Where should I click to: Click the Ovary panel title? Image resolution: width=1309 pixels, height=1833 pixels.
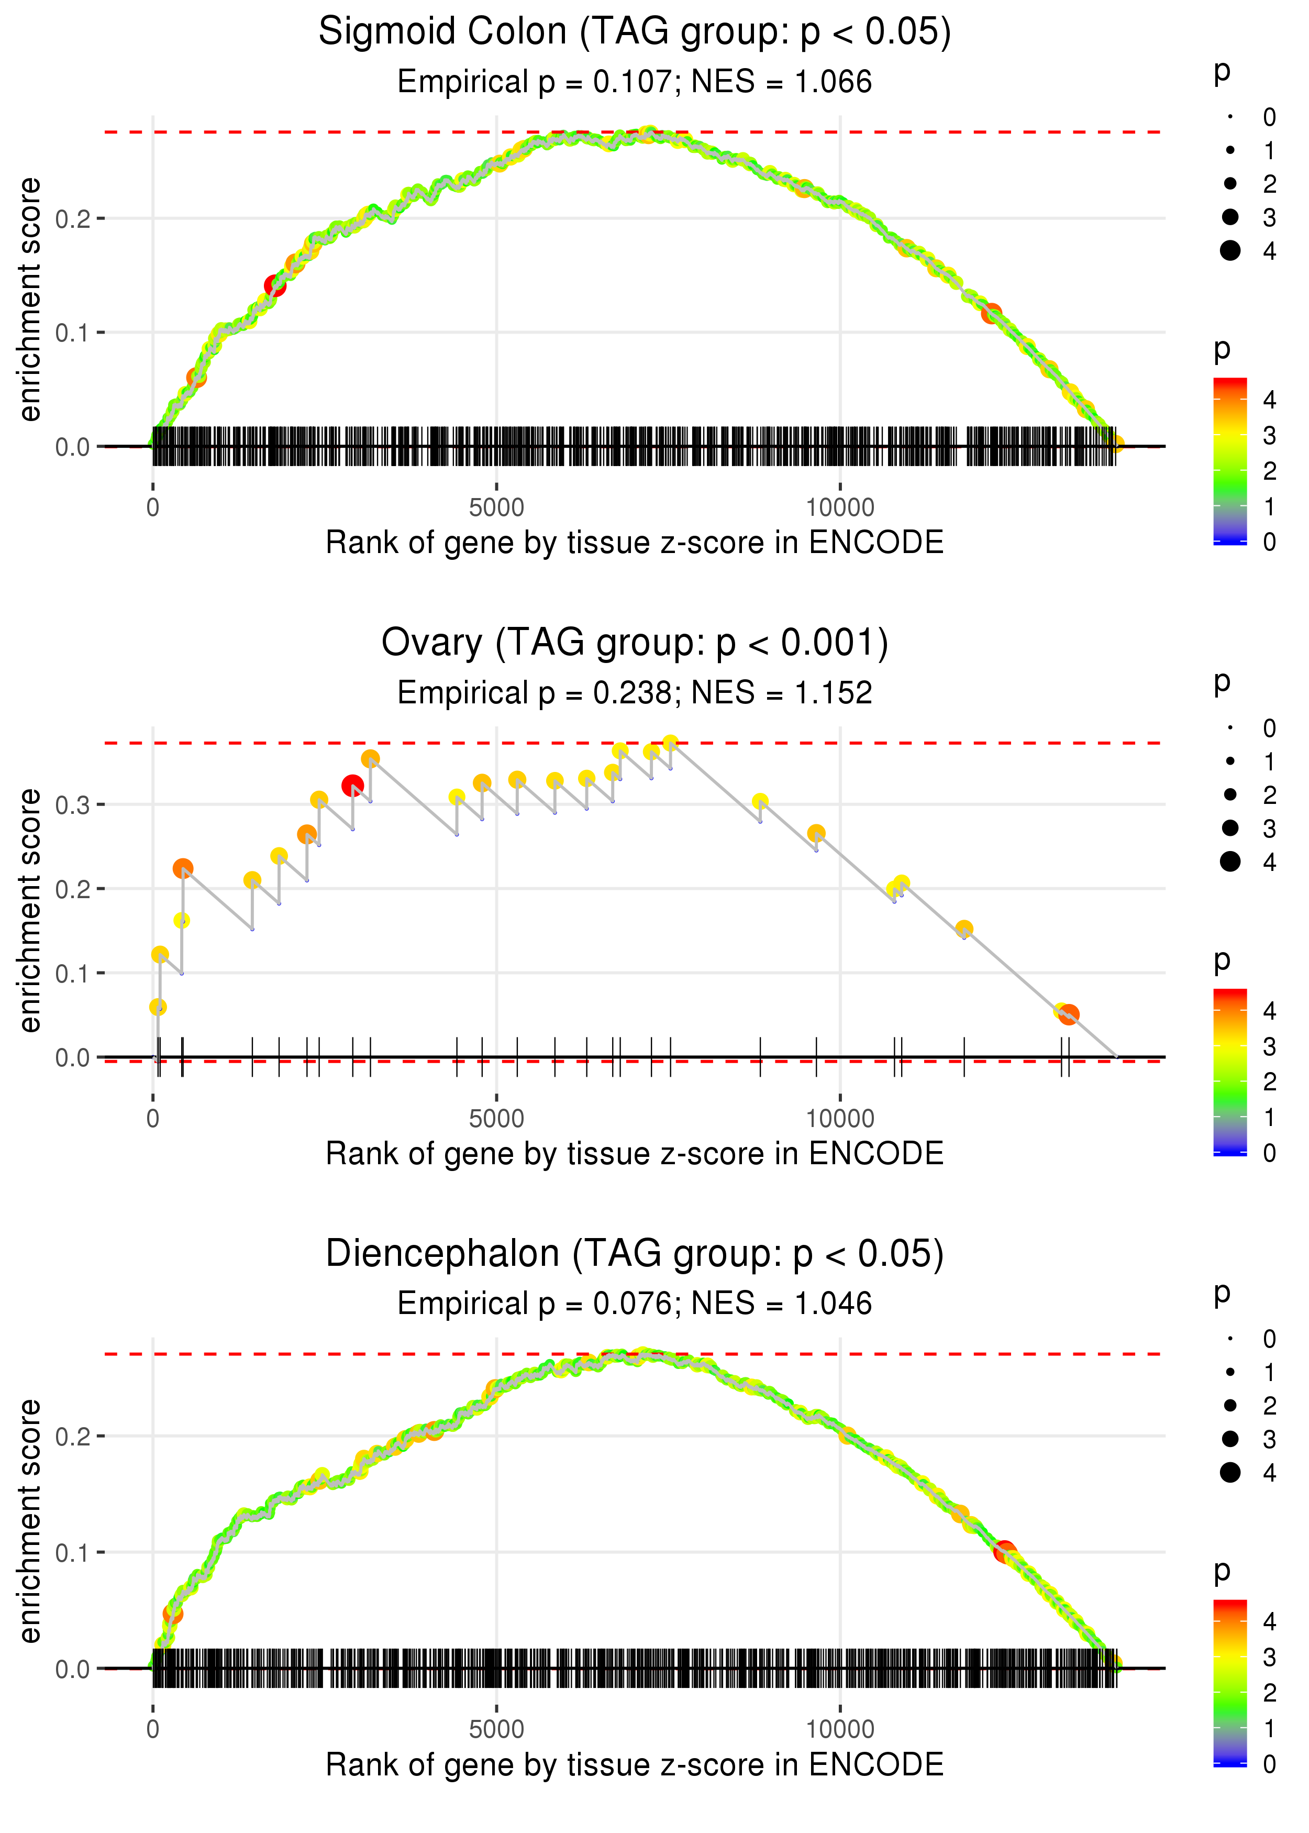pos(635,643)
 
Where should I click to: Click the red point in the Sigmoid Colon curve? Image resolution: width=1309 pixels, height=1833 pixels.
pos(275,286)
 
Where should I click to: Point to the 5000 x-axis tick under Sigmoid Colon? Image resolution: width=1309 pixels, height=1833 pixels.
pos(496,508)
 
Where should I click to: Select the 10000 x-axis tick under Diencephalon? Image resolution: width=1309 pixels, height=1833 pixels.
pos(840,1730)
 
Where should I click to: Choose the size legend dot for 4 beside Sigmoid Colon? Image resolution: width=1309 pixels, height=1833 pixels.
pos(1230,251)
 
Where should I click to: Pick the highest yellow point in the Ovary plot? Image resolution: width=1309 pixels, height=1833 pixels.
pos(670,743)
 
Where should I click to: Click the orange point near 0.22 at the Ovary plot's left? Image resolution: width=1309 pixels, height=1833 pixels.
pos(183,868)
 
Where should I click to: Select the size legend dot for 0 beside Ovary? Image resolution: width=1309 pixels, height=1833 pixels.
pos(1230,728)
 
